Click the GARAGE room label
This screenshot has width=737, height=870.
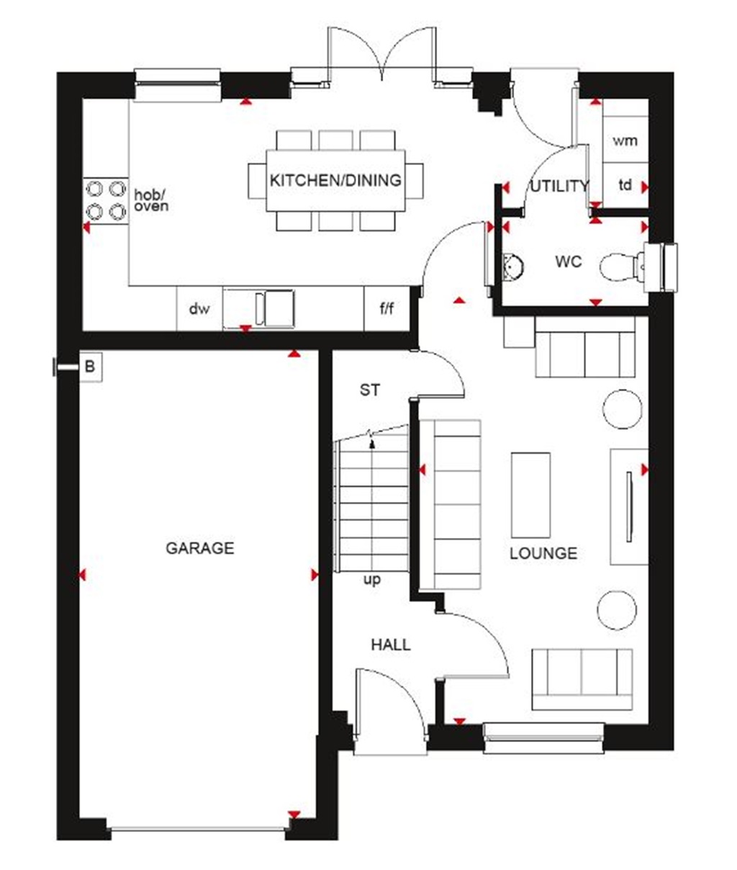(200, 548)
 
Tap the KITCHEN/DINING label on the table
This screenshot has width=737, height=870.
(335, 180)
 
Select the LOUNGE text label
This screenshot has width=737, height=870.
(543, 553)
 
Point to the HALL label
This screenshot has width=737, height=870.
(391, 645)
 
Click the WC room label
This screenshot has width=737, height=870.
(568, 261)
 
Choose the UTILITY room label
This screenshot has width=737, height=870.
(559, 187)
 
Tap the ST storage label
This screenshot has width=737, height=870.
(370, 390)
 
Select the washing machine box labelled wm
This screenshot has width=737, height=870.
(625, 140)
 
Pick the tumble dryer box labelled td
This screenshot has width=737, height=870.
(625, 185)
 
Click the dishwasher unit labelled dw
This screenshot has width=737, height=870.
(199, 309)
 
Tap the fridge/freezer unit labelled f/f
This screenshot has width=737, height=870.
(387, 309)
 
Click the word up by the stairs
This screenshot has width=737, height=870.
(372, 580)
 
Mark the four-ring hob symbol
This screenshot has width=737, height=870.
(105, 200)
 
